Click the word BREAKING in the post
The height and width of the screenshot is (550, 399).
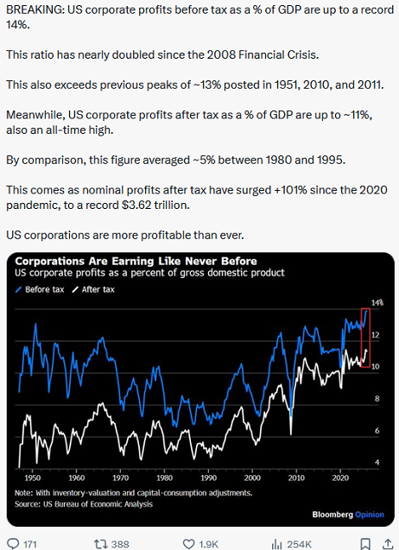point(35,9)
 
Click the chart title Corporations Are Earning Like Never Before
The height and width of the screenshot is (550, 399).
point(136,262)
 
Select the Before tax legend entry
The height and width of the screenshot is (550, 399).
point(40,289)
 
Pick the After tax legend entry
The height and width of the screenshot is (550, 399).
point(93,289)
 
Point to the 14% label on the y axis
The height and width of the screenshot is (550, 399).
point(377,302)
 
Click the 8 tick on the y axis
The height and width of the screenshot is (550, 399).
point(377,399)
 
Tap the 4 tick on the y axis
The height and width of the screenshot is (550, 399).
point(377,462)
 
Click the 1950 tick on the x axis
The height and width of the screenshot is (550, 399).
point(32,477)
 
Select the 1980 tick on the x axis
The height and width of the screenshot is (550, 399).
point(164,477)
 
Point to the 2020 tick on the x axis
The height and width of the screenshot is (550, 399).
point(340,477)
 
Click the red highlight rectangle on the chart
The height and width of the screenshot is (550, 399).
point(362,338)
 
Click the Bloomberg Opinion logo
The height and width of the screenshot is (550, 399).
point(348,515)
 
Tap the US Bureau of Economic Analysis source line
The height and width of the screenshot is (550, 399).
point(84,504)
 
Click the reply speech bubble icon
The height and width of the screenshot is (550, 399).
point(13,544)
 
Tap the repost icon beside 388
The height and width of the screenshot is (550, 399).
point(100,544)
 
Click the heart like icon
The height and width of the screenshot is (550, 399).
point(189,544)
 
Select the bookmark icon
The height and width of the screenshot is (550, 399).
point(365,544)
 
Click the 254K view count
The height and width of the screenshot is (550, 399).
point(300,544)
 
